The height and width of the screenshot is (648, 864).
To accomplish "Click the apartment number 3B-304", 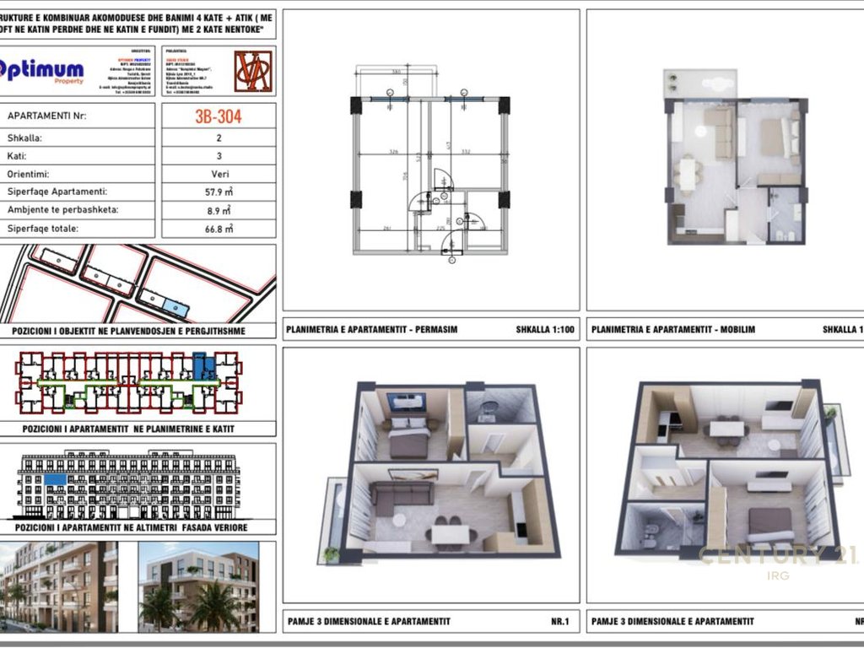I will [219, 116].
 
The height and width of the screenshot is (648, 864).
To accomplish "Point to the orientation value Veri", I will [219, 174].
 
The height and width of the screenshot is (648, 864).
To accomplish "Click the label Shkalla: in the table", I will [24, 138].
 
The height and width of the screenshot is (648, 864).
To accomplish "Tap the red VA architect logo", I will [252, 72].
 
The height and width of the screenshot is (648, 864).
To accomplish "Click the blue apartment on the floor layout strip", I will [202, 367].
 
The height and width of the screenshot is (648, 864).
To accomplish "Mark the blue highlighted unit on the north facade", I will [55, 479].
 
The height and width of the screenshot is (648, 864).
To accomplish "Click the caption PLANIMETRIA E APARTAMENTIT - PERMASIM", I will [371, 329].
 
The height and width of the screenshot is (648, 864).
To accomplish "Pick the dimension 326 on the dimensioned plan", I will [393, 153].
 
